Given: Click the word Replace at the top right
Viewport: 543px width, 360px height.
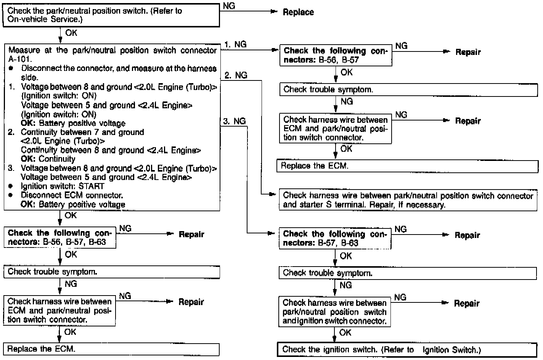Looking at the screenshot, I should (298, 12).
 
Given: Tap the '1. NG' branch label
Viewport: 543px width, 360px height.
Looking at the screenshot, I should (235, 45).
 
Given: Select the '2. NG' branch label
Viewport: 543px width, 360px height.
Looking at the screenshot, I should (236, 76).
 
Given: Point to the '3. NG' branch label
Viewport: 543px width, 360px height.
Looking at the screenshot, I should (235, 121).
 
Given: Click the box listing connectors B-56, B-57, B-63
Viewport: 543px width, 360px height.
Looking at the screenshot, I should (60, 238).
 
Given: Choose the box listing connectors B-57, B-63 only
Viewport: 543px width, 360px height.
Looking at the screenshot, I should (335, 239).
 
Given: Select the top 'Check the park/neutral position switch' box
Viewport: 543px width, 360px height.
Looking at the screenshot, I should (111, 16).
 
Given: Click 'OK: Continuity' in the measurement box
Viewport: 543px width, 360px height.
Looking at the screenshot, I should (48, 159).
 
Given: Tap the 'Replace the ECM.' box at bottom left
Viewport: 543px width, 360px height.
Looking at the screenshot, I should (111, 349).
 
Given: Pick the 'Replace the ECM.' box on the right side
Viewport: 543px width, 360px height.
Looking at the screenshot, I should (407, 166).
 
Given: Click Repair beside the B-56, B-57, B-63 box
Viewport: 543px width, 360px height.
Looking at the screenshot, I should (191, 235).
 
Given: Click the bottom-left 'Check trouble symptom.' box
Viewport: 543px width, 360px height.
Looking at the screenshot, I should (111, 272).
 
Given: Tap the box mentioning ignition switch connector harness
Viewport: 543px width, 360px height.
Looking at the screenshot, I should (335, 312).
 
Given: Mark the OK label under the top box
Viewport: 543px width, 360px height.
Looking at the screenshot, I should (71, 33).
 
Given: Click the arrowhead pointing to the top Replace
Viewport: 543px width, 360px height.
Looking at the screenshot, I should (273, 12).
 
